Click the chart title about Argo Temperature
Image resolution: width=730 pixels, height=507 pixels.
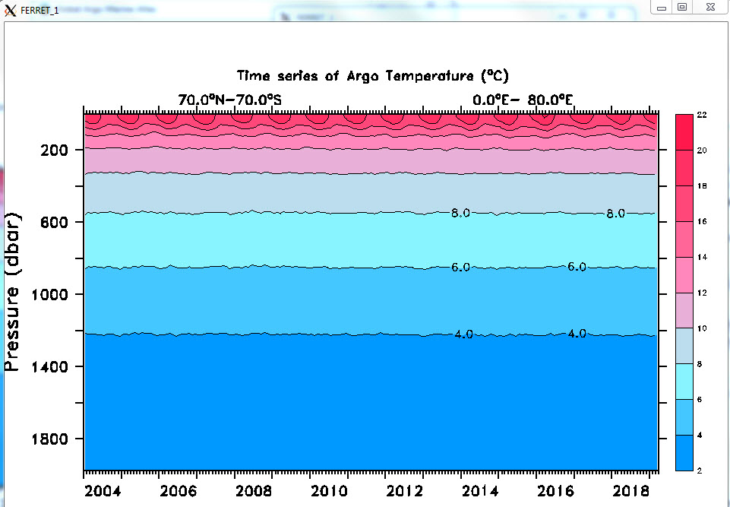coord(372,76)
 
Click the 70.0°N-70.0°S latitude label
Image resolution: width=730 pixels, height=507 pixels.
coord(229,100)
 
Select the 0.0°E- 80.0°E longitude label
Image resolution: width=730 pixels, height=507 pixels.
coord(522,100)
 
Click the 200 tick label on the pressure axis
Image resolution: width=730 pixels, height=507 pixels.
coord(55,151)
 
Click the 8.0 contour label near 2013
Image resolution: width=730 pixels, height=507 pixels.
coord(460,213)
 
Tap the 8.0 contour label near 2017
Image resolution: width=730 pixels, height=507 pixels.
coord(615,214)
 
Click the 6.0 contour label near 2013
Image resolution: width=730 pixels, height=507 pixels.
coord(460,268)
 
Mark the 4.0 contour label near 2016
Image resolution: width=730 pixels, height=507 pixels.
coord(577,334)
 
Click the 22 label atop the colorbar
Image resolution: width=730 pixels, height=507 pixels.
coord(702,115)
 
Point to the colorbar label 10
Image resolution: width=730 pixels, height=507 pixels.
coord(703,328)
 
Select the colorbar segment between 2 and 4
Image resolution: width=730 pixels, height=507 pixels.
coord(684,453)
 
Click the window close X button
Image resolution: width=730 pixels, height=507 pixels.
coord(709,7)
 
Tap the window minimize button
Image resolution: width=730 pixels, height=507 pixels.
coord(662,7)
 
